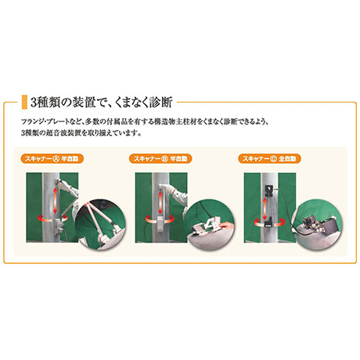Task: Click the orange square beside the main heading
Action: (24, 102)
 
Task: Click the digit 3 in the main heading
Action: (34, 103)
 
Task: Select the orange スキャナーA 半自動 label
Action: (52, 159)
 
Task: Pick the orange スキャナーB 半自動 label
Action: (160, 159)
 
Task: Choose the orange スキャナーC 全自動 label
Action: (269, 159)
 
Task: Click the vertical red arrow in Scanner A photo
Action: (56, 200)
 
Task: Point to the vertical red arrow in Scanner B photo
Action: (160, 203)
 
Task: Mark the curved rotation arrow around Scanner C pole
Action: (269, 223)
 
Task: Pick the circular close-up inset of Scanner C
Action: (318, 225)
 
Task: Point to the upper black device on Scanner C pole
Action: (269, 190)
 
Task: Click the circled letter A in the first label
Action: (56, 159)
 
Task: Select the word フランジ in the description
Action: (32, 121)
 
